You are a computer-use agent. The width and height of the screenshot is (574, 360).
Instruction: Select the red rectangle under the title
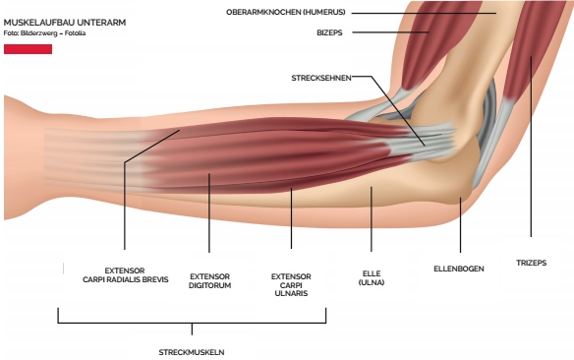tap(28, 48)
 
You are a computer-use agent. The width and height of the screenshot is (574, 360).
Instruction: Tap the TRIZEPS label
tap(532, 263)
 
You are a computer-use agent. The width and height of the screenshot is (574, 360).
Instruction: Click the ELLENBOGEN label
tap(459, 269)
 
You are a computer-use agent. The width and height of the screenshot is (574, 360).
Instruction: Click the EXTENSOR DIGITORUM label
tap(209, 281)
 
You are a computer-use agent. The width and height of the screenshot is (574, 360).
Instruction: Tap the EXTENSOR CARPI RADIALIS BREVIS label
tap(126, 274)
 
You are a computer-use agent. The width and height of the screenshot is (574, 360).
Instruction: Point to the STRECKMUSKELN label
tap(193, 351)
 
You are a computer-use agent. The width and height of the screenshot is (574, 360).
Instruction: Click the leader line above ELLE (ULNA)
tap(372, 221)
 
